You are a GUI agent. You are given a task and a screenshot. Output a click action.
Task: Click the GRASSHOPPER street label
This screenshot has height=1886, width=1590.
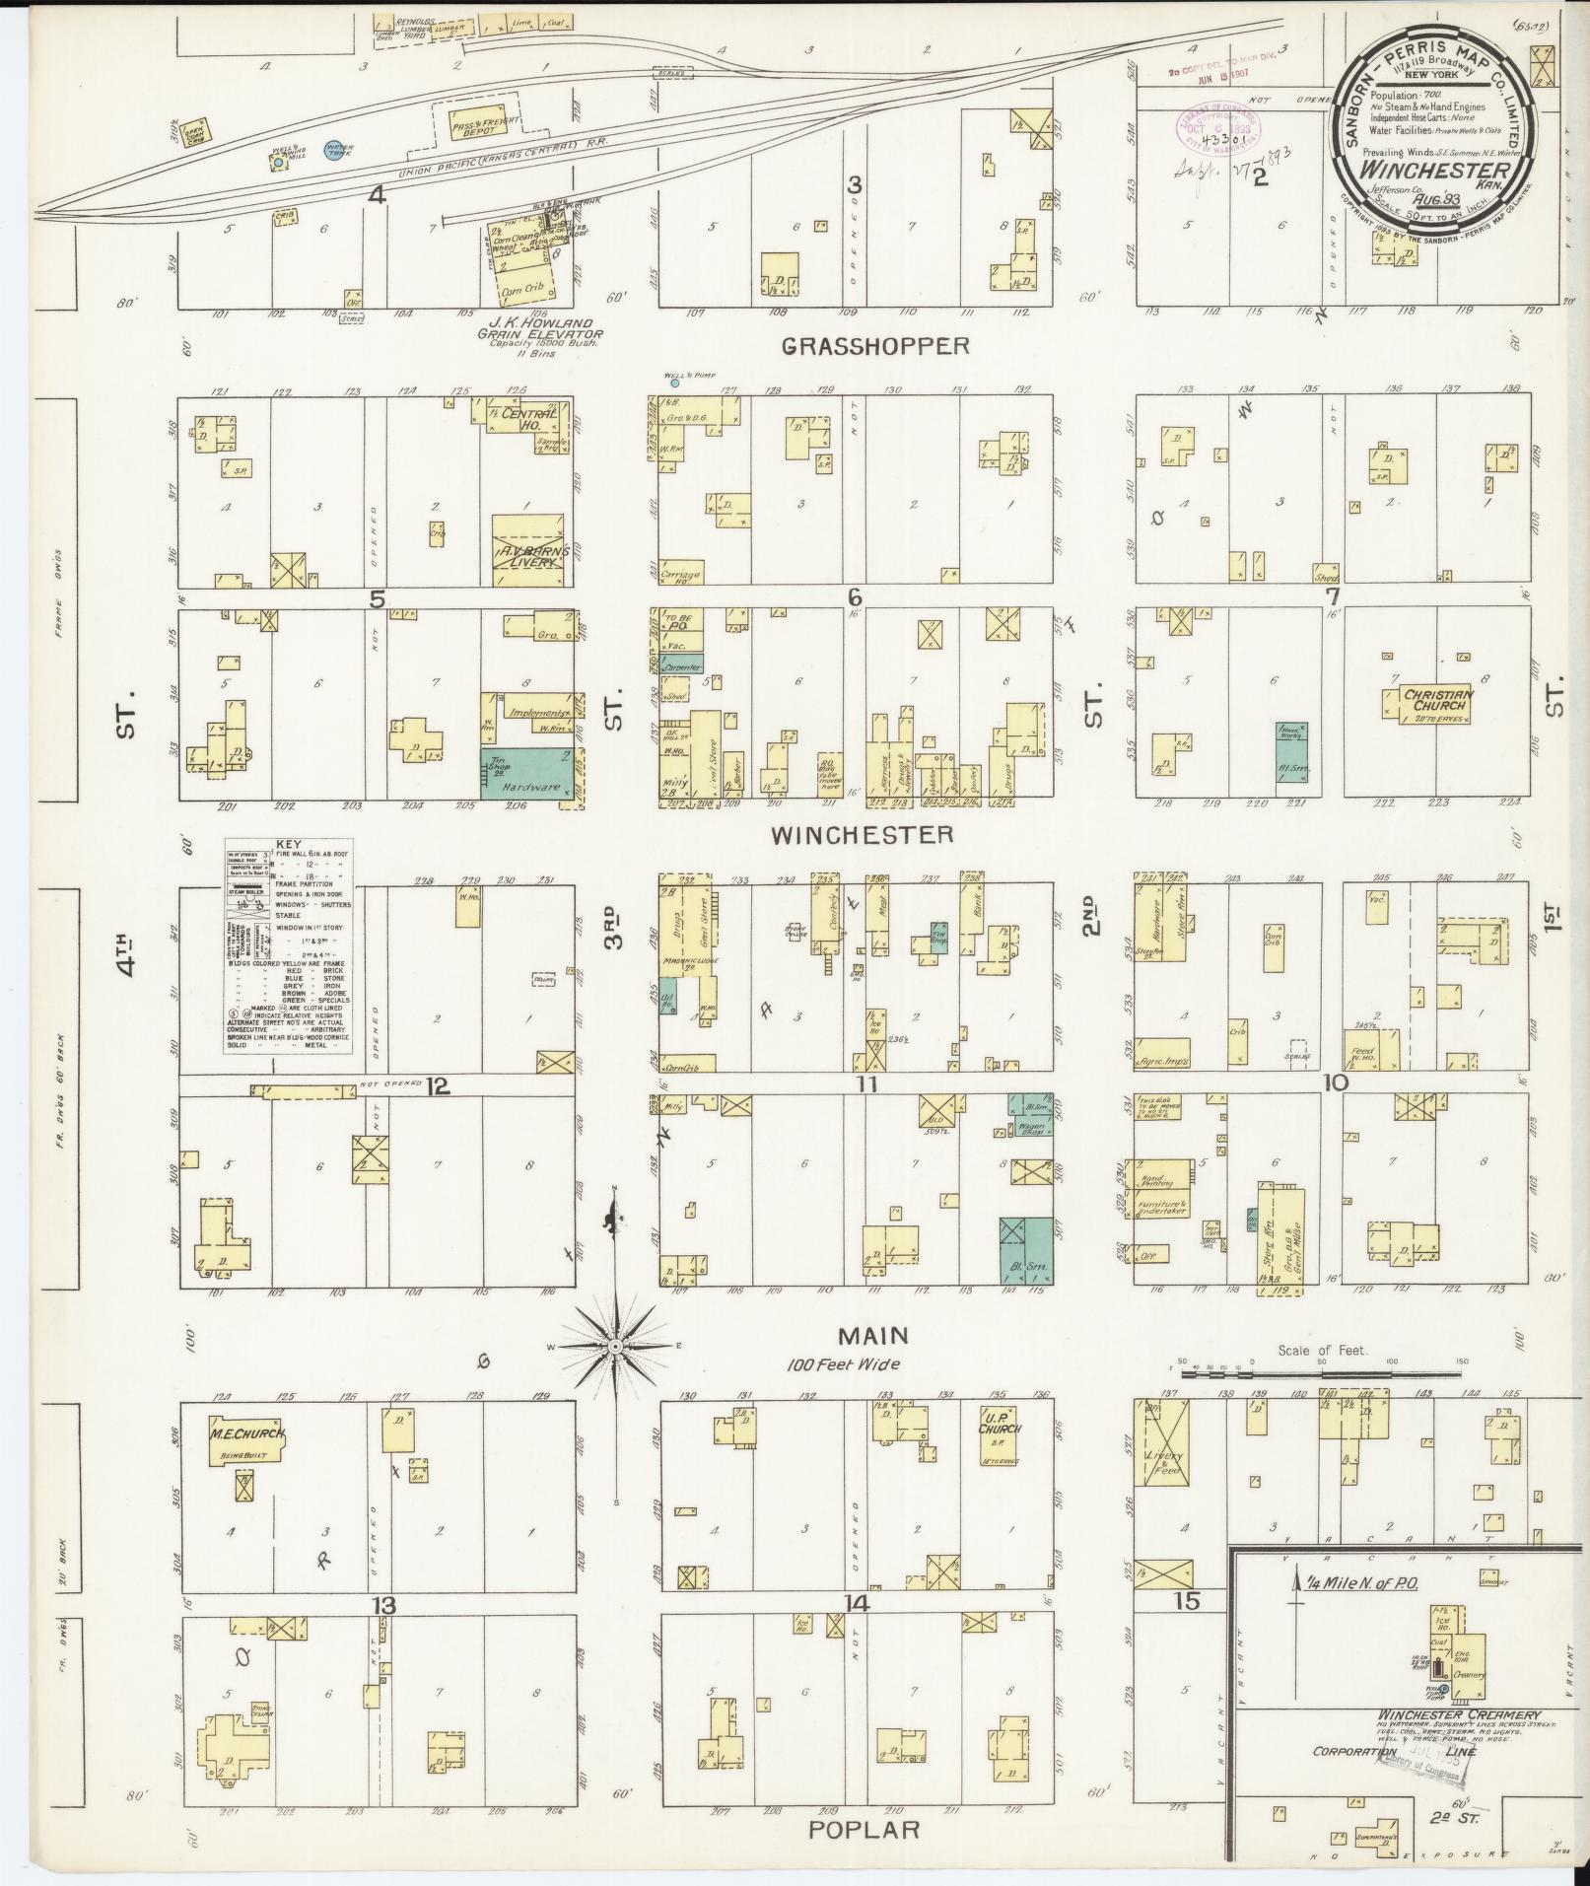[x=876, y=345]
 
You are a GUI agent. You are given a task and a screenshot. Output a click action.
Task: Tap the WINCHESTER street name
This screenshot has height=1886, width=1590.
[x=862, y=835]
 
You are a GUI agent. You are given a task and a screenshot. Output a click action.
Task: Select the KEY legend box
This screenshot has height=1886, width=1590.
[x=289, y=945]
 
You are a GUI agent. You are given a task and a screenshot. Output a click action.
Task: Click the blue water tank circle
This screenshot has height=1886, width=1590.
[x=334, y=146]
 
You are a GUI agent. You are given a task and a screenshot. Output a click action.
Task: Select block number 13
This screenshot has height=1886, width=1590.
[x=383, y=1606]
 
